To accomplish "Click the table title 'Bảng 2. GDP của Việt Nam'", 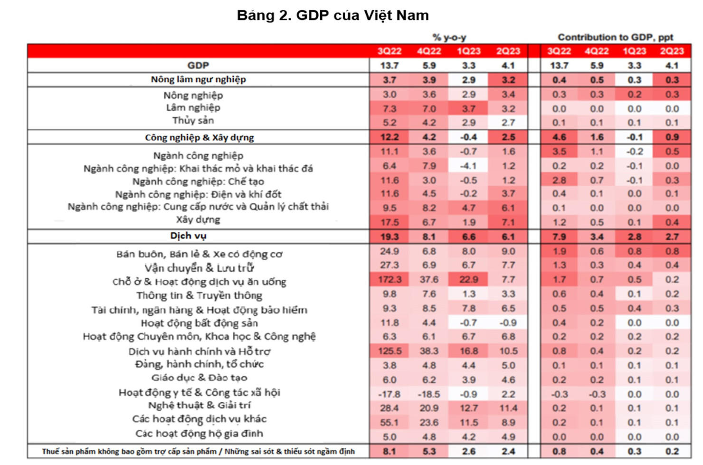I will pos(332,15).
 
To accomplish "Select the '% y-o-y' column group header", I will pos(449,37).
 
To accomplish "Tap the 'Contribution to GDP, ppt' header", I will pos(615,37).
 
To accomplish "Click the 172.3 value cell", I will pos(389,280).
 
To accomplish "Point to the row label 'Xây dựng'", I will pos(198,220).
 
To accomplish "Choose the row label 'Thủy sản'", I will pos(193,121).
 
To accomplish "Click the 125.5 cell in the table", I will pos(389,351).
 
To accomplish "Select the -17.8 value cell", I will pos(389,394).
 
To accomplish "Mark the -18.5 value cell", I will pos(429,394).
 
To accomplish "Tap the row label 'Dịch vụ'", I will pos(188,236).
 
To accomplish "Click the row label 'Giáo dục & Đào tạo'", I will pos(199,378).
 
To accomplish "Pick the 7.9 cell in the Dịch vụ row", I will pos(559,237).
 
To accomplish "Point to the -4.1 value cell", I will pos(468,166).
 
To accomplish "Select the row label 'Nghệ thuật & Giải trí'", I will pos(199,406).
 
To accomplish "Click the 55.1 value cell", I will pos(389,422).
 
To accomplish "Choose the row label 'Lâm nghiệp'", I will pos(193,108).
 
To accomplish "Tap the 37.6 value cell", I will pos(429,280).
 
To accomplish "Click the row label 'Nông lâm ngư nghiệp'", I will pos(198,79).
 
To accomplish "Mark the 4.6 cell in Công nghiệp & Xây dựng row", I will pos(559,137).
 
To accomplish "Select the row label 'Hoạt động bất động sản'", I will pos(199,323).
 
